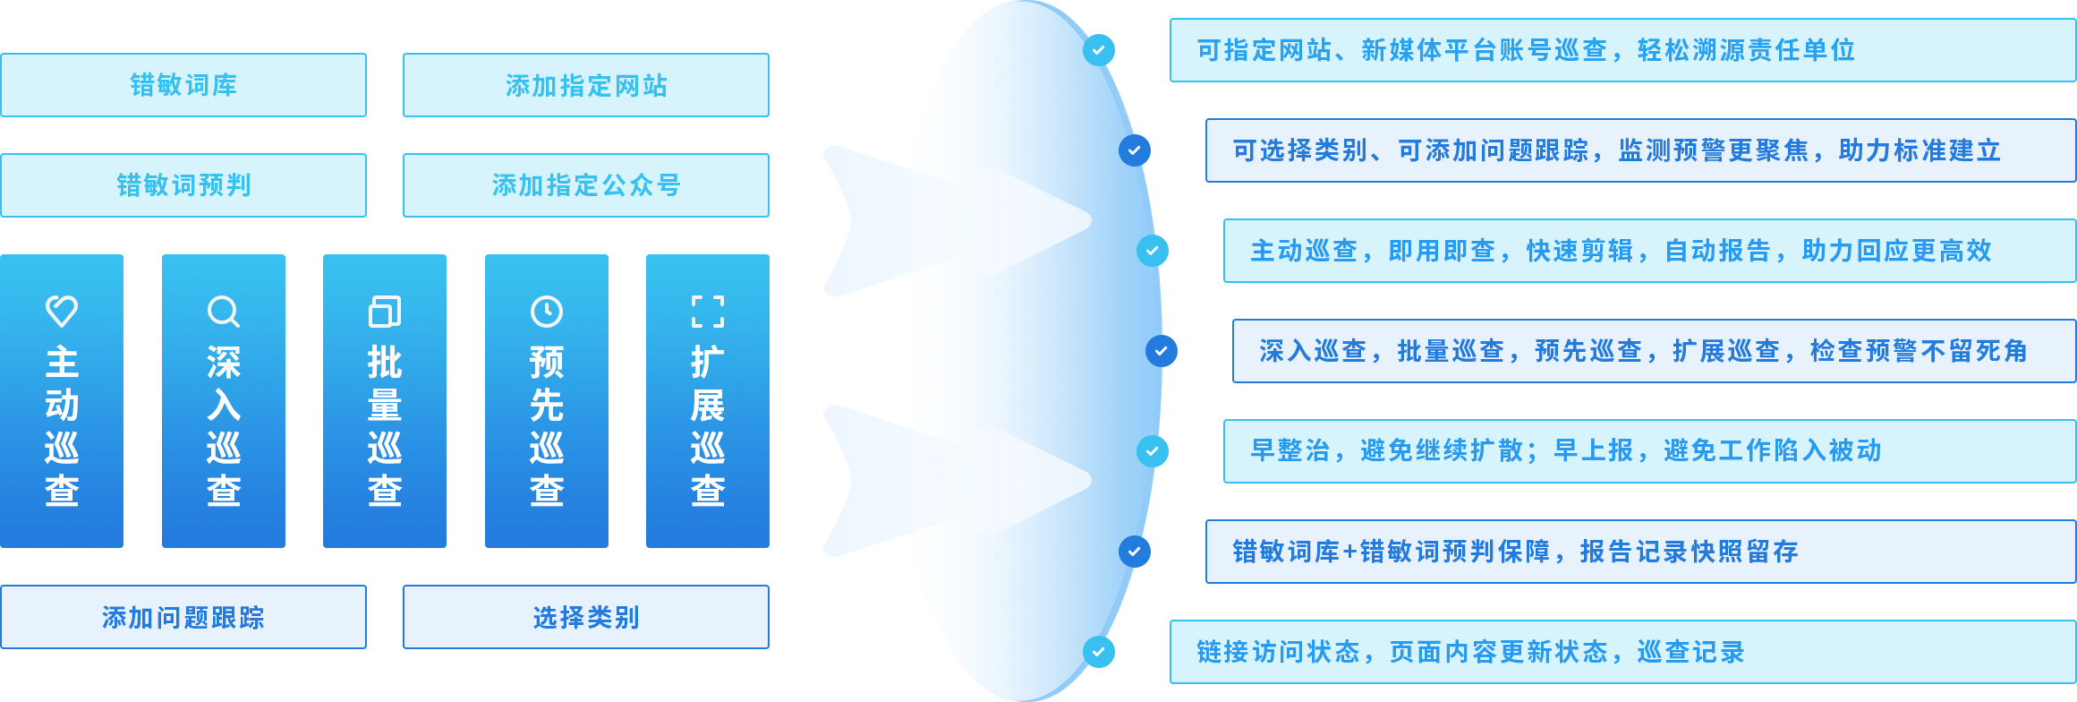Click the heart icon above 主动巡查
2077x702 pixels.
(x=62, y=311)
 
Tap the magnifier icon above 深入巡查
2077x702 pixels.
(x=223, y=312)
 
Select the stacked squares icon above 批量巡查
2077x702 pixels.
(x=385, y=312)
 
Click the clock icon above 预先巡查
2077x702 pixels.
(x=547, y=312)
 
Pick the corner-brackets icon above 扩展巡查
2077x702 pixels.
(x=708, y=312)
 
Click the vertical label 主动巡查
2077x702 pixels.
(x=62, y=426)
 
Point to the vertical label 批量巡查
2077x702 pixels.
(x=385, y=426)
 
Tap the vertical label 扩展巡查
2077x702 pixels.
(x=708, y=426)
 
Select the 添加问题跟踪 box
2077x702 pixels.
(x=183, y=617)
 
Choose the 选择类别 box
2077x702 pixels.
(x=585, y=617)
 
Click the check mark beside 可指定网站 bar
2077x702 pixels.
(x=1098, y=50)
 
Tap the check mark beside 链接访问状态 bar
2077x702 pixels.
(x=1098, y=652)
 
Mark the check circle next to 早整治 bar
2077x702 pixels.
(x=1152, y=451)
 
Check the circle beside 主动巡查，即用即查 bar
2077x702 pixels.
(x=1152, y=251)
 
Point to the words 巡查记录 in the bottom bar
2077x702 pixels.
(x=1690, y=652)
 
